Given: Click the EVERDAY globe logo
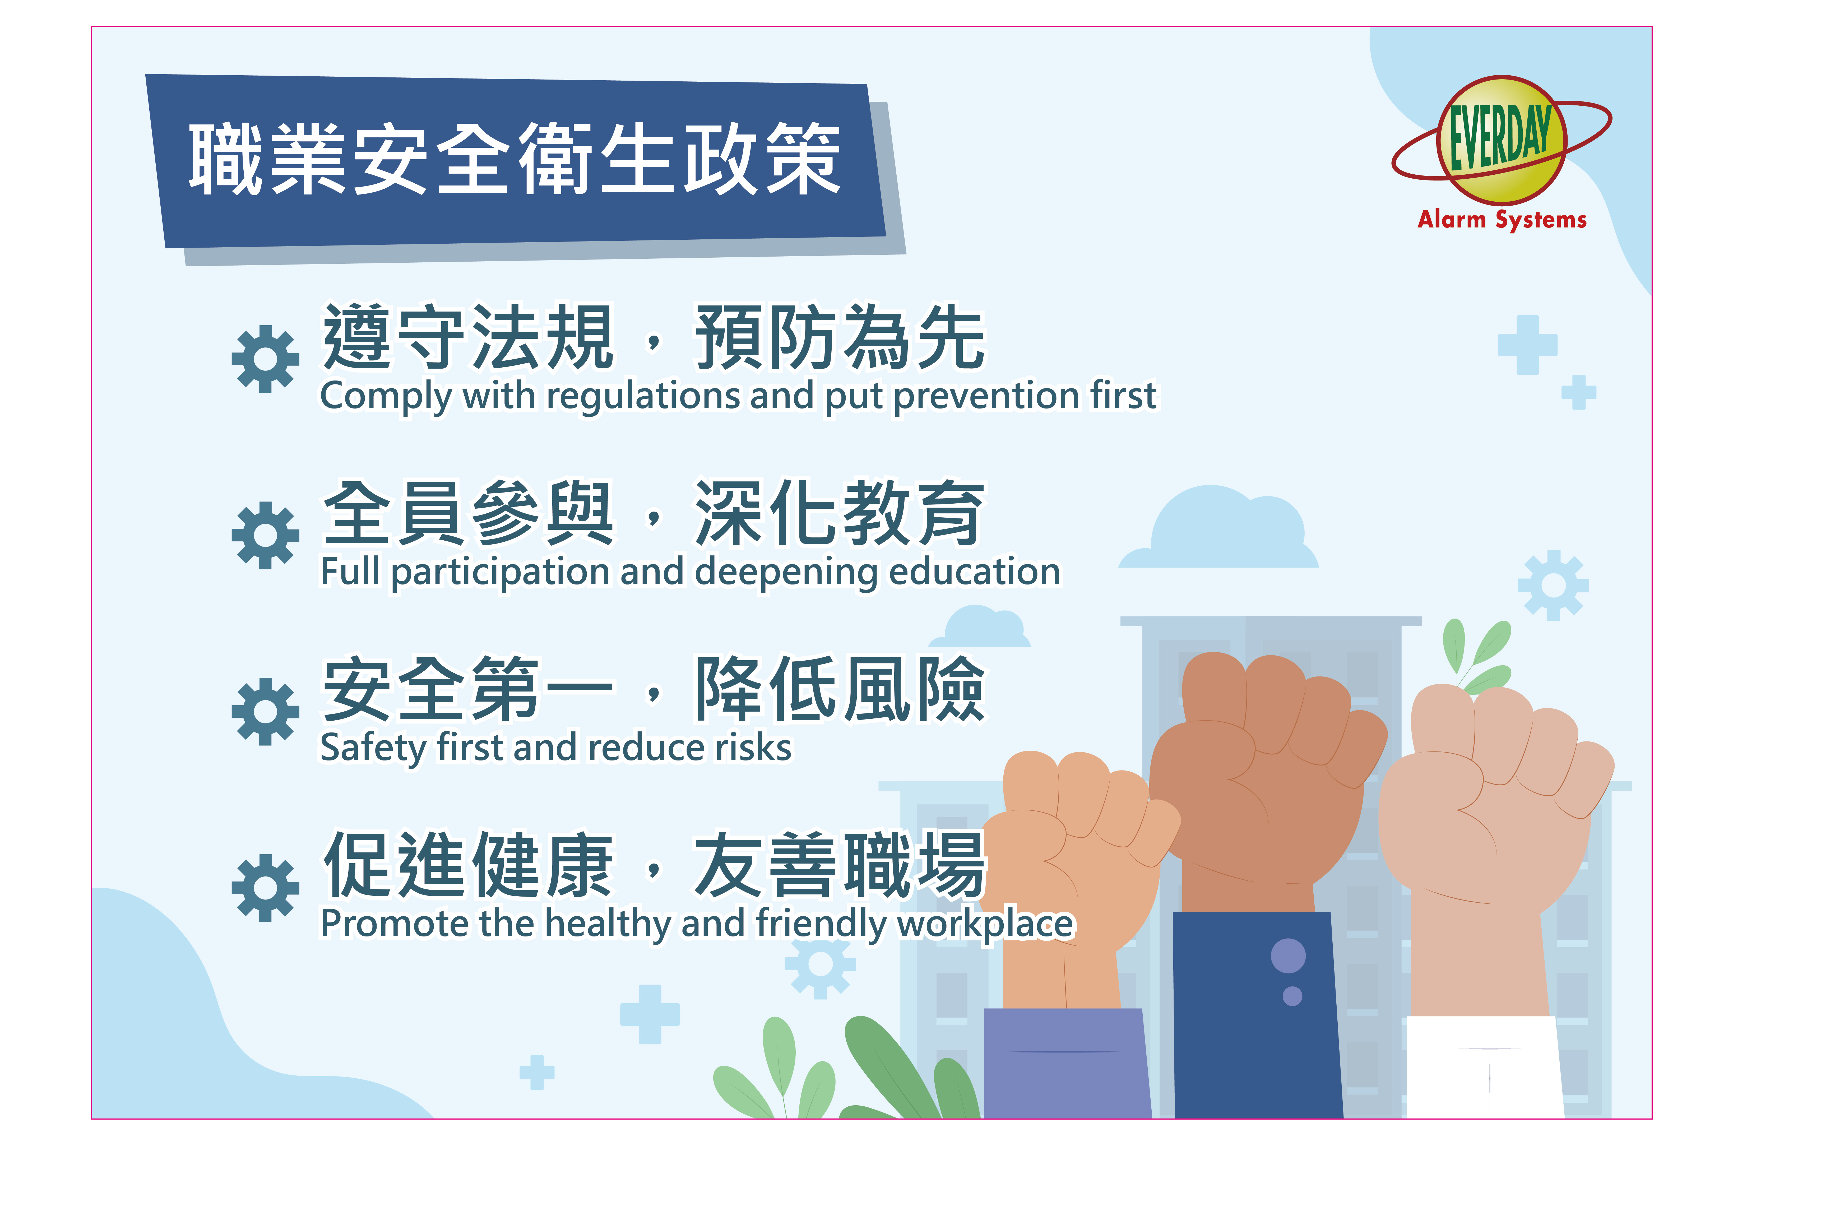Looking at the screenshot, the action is tap(1501, 141).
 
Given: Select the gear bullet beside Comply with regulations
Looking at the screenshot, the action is tap(265, 359).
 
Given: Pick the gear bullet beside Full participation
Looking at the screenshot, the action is tap(265, 535).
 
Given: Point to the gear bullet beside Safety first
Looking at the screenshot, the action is tap(265, 711).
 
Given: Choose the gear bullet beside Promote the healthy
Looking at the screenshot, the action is tap(265, 888).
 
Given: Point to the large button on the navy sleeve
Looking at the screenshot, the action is tap(1288, 955).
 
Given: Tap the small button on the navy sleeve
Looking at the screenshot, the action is tap(1292, 996).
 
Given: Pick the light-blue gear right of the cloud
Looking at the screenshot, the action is tap(1553, 585).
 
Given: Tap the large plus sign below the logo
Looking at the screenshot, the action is tap(1528, 345).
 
